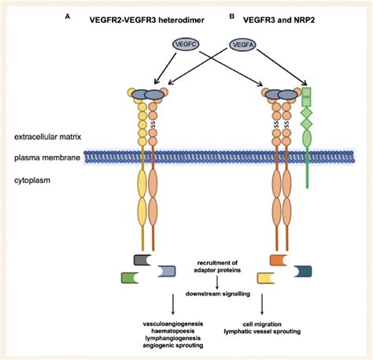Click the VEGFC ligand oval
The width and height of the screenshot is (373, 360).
[186, 44]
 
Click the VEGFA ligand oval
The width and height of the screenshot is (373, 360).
[243, 45]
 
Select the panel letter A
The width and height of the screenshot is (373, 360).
[68, 17]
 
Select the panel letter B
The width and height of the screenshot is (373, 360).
[232, 17]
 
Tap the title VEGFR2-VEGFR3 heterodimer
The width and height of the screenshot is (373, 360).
[147, 20]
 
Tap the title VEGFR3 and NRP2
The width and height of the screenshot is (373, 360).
[279, 20]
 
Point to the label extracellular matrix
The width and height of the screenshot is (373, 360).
[48, 137]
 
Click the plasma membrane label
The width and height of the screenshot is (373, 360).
[47, 158]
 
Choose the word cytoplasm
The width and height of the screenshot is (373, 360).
[32, 180]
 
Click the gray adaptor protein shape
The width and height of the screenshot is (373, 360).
[142, 260]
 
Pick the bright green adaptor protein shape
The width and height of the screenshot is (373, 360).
[130, 278]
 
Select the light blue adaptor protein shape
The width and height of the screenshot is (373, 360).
[167, 271]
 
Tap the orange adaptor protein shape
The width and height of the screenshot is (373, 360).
[279, 260]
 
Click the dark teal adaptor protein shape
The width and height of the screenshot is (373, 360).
[303, 271]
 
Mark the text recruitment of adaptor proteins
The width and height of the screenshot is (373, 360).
[217, 266]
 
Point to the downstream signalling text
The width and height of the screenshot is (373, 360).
[218, 294]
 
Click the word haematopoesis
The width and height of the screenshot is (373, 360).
[173, 331]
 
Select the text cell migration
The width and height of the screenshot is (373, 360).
[262, 325]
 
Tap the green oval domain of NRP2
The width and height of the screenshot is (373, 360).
[307, 138]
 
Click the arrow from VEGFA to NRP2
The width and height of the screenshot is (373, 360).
[282, 67]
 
